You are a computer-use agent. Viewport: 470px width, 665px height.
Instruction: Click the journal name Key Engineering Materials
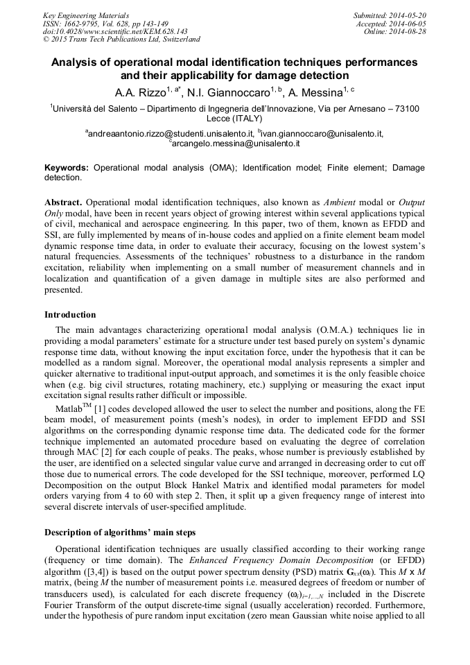click(x=86, y=15)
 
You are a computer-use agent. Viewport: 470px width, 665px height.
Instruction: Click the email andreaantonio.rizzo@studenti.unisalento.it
click(x=171, y=133)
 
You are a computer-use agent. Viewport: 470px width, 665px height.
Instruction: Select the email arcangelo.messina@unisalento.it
click(x=236, y=144)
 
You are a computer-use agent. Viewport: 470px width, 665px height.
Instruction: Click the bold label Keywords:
click(x=67, y=168)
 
